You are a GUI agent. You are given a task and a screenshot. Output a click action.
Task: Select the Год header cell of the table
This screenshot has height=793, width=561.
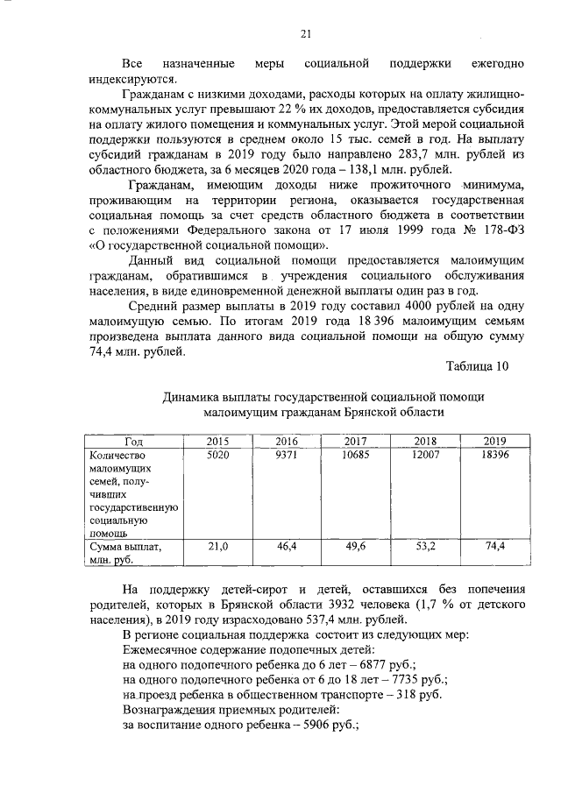pos(134,441)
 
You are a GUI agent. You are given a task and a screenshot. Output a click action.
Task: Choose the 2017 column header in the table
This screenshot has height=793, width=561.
pos(356,441)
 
